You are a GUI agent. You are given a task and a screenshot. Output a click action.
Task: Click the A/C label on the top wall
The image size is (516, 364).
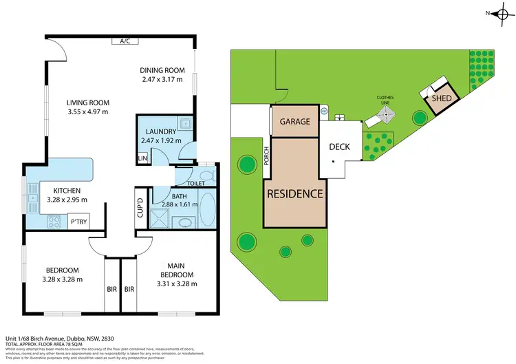[125, 41]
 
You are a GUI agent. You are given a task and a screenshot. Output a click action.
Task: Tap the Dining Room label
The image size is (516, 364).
[162, 69]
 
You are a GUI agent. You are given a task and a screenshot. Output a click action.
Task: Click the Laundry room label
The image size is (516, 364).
[160, 131]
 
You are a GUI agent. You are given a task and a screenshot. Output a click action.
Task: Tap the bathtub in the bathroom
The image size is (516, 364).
[208, 208]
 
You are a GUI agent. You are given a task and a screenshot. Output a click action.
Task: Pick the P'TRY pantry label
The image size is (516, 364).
[78, 222]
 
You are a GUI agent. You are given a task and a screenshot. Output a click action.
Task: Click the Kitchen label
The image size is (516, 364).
[64, 190]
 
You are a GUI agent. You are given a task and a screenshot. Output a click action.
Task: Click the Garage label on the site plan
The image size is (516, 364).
[295, 122]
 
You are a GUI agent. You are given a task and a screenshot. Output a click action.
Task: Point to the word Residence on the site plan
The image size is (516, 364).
[294, 193]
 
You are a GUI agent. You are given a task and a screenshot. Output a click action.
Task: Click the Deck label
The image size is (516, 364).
[340, 147]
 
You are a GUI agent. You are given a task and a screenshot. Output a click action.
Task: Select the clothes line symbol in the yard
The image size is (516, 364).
[387, 115]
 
